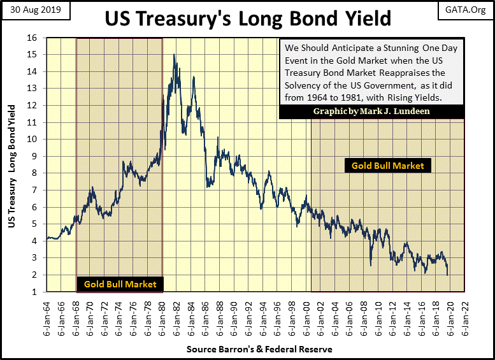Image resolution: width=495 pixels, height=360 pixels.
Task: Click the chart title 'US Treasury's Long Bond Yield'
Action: click(x=248, y=18)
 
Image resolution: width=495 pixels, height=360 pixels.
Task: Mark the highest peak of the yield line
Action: click(x=174, y=55)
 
